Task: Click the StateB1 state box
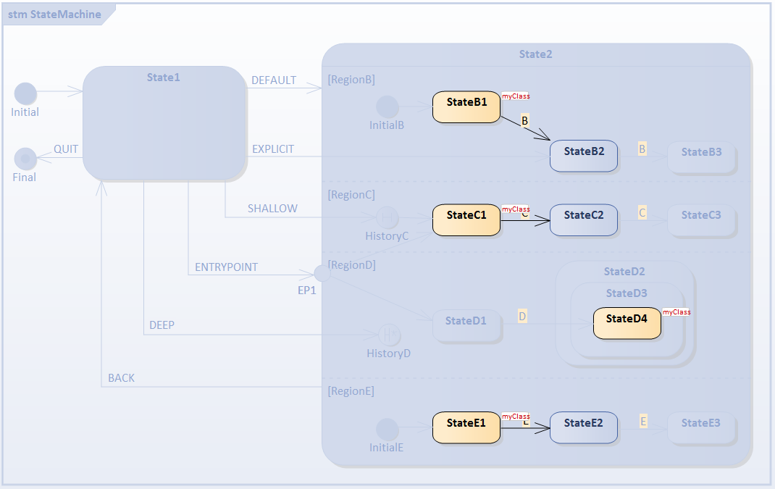(466, 106)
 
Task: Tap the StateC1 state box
(466, 220)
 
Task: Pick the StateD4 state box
(627, 323)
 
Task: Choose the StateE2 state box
(584, 427)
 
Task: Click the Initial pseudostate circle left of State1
(25, 93)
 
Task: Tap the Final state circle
(25, 158)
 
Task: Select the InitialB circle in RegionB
(387, 106)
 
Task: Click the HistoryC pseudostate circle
(387, 217)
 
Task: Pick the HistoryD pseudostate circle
(389, 335)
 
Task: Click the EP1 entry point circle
(322, 273)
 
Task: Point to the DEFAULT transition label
(274, 80)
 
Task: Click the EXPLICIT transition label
(273, 149)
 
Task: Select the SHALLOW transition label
(272, 209)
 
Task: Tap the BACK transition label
(121, 378)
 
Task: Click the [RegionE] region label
(351, 391)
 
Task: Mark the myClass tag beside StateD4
(676, 312)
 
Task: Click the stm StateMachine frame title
(54, 14)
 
